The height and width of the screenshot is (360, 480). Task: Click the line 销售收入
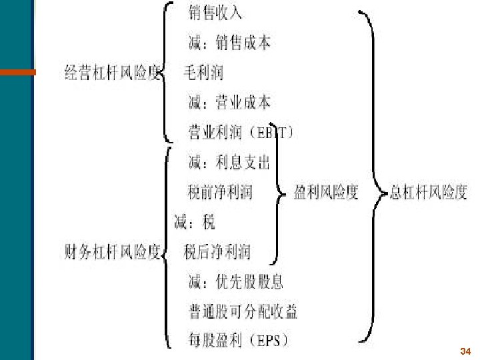215,13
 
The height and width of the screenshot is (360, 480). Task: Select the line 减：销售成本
229,43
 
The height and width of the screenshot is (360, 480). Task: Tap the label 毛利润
203,73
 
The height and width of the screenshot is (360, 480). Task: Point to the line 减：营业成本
229,102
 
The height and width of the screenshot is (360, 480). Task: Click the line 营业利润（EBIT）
241,132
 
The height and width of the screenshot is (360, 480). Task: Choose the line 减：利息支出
229,162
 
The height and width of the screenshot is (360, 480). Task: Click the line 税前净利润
220,192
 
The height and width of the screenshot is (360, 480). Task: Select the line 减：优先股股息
235,281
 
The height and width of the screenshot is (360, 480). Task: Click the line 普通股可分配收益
243,311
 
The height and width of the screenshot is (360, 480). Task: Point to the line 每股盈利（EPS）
239,341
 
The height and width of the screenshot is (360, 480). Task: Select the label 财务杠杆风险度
112,252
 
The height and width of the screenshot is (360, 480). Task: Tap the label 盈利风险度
326,192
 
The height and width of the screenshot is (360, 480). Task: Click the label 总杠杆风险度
429,193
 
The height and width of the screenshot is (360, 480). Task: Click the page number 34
465,351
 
